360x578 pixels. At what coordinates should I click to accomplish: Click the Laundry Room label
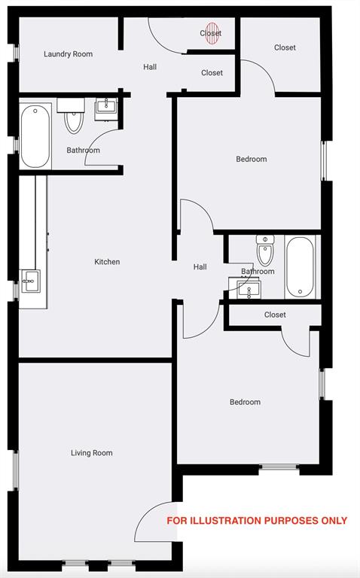(68, 54)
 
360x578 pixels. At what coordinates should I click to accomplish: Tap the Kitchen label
(107, 262)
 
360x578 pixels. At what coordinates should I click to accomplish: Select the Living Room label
(92, 453)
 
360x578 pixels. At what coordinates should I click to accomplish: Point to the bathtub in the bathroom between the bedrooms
(299, 267)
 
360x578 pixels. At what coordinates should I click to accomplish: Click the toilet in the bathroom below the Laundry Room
(74, 120)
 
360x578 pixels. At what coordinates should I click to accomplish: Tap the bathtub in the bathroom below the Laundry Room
(35, 137)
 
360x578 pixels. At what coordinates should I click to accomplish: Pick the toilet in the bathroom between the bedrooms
(265, 250)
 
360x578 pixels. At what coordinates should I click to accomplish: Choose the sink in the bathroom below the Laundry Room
(105, 109)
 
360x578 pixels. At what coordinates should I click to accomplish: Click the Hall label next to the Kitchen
(200, 266)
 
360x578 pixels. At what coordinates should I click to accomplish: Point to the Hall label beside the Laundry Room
(150, 67)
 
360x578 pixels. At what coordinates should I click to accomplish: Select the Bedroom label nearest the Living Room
(245, 402)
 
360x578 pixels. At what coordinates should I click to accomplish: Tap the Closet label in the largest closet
(285, 47)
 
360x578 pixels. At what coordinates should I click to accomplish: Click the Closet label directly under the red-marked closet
(212, 73)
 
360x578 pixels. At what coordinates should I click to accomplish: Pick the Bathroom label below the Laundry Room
(83, 151)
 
